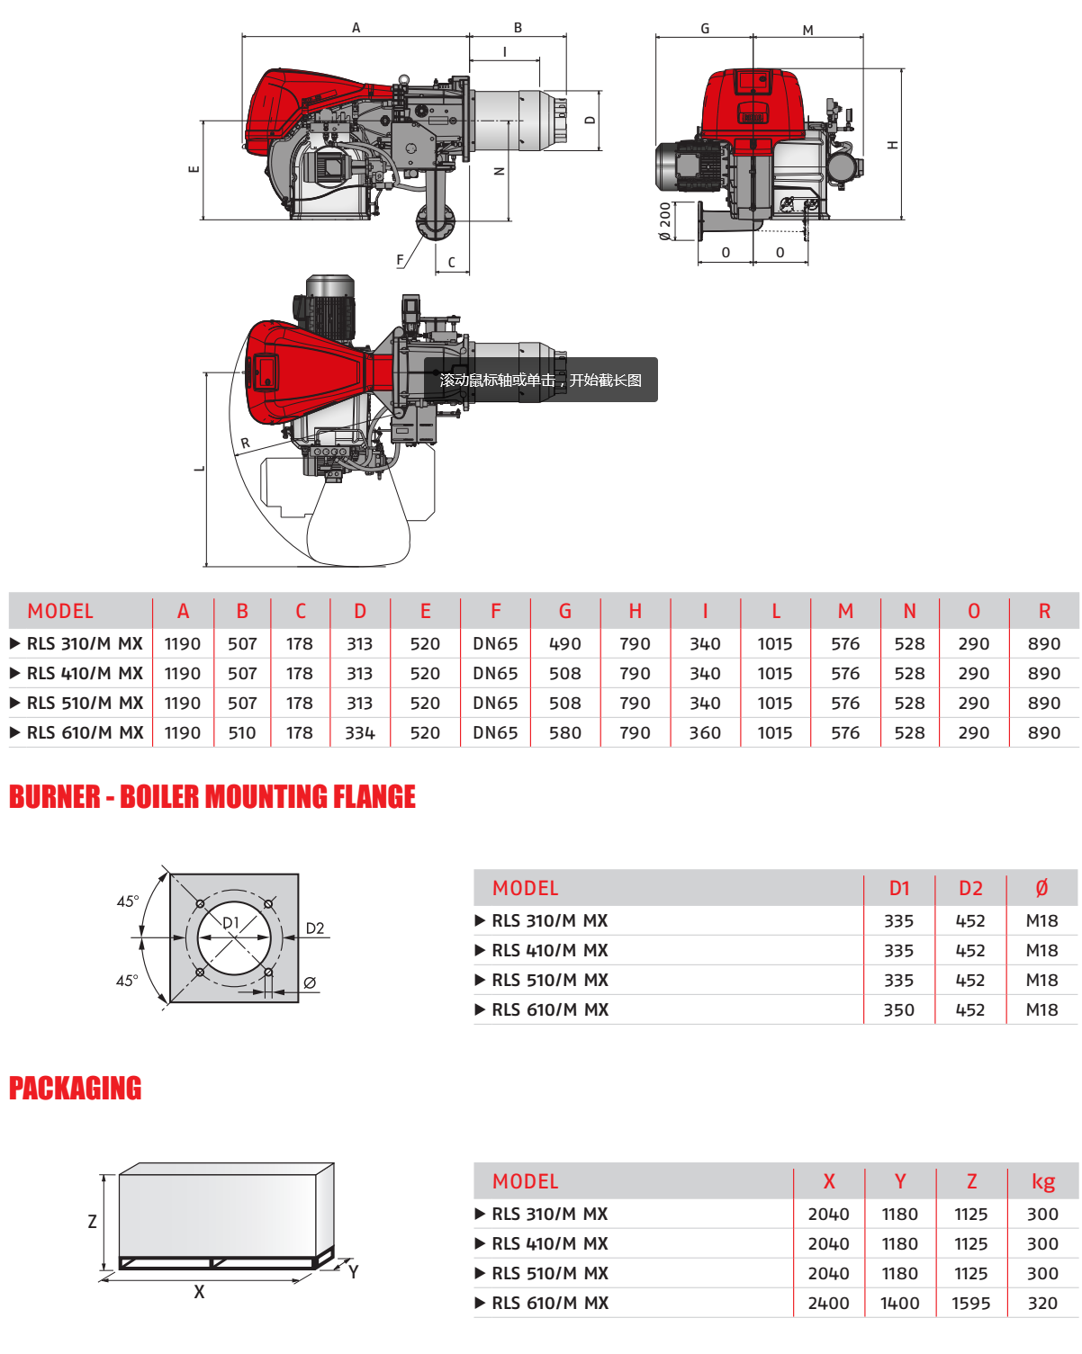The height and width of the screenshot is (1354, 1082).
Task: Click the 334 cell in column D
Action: click(360, 733)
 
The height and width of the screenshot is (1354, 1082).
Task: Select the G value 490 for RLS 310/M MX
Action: click(565, 644)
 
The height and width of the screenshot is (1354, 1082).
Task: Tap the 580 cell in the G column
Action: click(565, 733)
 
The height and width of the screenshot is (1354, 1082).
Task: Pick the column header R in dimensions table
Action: click(1044, 612)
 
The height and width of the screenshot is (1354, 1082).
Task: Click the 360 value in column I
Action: click(705, 733)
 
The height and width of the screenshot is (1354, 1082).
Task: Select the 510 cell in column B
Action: click(242, 733)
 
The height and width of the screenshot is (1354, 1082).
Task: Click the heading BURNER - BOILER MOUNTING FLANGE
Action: click(212, 797)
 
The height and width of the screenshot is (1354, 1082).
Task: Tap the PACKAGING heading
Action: click(76, 1089)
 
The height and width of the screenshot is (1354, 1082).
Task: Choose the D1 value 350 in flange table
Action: click(898, 1010)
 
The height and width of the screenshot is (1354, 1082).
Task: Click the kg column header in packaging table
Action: click(1042, 1182)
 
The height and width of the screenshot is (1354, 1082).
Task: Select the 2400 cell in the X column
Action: click(828, 1304)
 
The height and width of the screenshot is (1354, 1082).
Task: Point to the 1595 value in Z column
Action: click(970, 1304)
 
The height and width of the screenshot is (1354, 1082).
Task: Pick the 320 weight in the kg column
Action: click(1042, 1304)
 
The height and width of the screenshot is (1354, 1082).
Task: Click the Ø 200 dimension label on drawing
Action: click(665, 221)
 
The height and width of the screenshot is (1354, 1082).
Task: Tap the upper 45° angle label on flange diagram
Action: click(128, 901)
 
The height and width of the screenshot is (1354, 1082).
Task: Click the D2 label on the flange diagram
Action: click(315, 928)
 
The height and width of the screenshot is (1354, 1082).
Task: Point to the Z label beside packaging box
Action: click(92, 1222)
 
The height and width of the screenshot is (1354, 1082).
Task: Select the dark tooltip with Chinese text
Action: click(541, 380)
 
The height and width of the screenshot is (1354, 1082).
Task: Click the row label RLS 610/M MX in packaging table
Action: click(550, 1304)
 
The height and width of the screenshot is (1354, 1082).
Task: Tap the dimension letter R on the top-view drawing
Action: click(245, 444)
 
